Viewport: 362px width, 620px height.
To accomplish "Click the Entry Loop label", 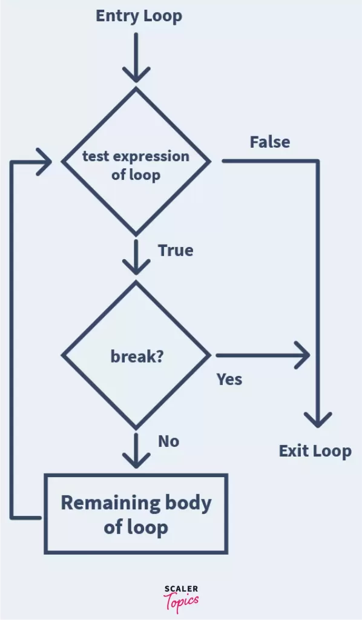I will [139, 16].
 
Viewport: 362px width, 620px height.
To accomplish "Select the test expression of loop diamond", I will [136, 161].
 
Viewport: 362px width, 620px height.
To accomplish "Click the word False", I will [270, 142].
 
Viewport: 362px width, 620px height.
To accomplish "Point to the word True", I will [176, 251].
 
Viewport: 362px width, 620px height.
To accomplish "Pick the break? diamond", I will [136, 356].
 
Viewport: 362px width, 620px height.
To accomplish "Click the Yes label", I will [229, 380].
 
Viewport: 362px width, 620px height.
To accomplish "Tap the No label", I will [168, 441].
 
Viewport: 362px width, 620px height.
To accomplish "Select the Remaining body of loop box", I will [136, 513].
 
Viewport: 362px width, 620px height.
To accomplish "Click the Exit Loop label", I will [315, 451].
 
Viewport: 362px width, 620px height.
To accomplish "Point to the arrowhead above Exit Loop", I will [317, 420].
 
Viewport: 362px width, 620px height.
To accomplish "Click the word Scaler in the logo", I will [181, 589].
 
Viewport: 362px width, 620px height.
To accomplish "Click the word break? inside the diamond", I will [137, 357].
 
